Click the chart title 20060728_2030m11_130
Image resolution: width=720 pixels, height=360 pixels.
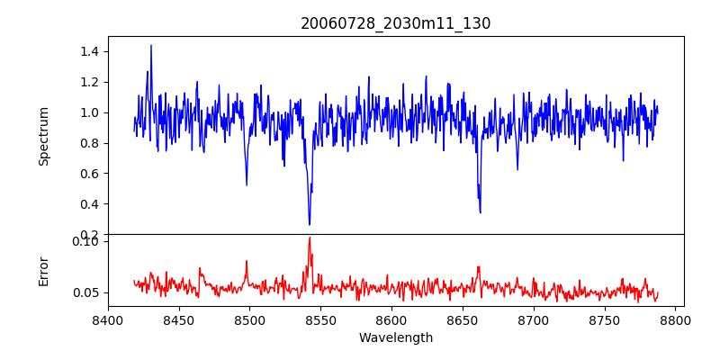395,23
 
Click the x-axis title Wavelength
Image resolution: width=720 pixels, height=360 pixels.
395,338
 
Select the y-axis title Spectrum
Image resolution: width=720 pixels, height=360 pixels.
43,135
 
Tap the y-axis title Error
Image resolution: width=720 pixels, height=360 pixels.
43,271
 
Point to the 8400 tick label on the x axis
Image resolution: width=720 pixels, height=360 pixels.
108,320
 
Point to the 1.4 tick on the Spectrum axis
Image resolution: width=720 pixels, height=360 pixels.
88,51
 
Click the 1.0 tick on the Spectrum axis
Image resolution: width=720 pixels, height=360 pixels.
88,112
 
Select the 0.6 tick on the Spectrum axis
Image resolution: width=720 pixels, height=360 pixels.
88,174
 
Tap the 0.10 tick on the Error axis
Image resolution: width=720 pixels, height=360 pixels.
85,240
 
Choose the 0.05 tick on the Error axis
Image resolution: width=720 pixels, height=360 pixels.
85,292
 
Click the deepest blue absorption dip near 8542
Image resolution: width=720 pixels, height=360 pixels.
310,224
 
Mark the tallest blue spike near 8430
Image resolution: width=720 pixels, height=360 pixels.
151,45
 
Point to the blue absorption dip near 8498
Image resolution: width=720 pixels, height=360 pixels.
247,184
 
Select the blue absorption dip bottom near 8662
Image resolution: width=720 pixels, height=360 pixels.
480,212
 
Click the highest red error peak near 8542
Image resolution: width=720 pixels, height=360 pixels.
310,238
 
